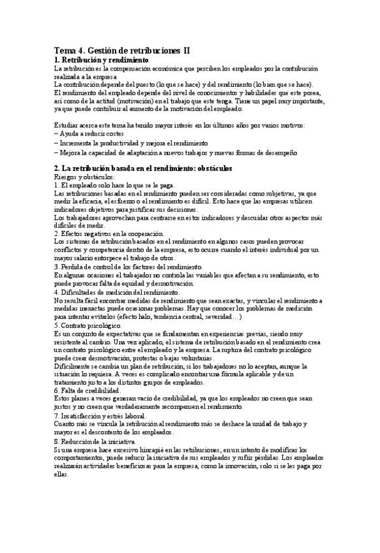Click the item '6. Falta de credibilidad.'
[x=90, y=390]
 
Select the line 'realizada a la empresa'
[x=86, y=76]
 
